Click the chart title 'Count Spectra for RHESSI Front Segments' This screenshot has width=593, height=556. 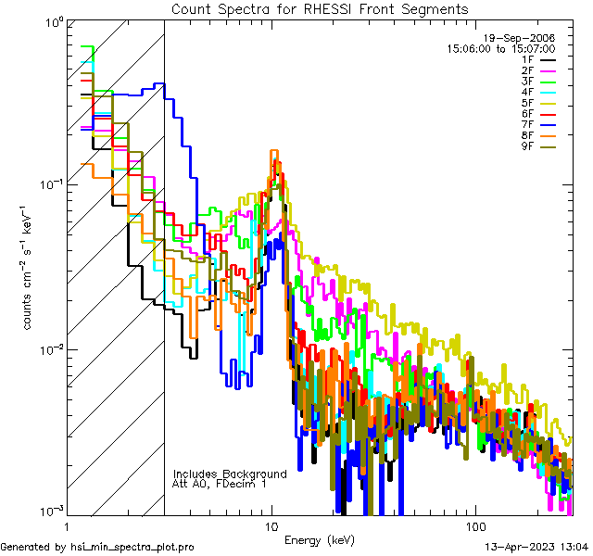pyautogui.click(x=320, y=9)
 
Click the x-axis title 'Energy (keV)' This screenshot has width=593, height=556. pyautogui.click(x=318, y=540)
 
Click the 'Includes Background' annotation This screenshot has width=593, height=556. pyautogui.click(x=230, y=474)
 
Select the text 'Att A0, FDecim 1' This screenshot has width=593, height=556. pyautogui.click(x=220, y=484)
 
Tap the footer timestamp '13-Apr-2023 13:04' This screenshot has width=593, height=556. pyautogui.click(x=533, y=547)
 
